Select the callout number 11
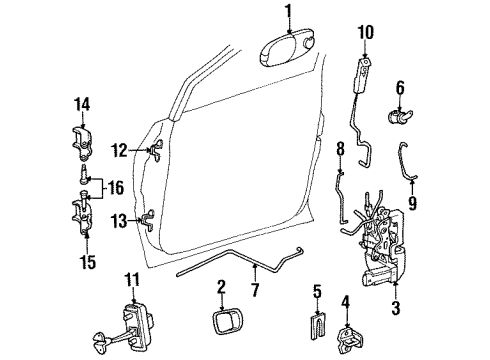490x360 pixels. (x=131, y=280)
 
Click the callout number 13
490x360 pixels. (x=118, y=220)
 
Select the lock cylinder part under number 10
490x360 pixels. (x=362, y=75)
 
